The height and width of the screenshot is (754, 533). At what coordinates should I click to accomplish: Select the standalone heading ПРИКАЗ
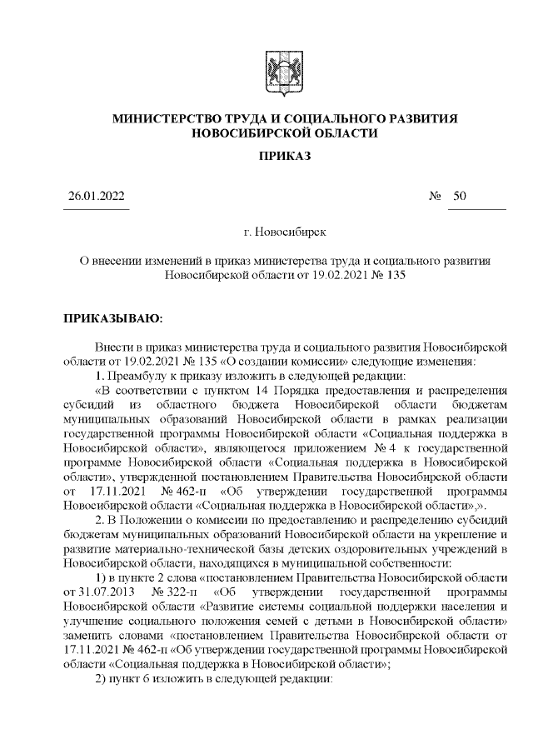coord(284,156)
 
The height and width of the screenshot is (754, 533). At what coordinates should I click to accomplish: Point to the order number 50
coord(460,197)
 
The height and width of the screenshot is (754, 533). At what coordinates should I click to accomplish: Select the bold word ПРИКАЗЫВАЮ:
coord(113,318)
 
